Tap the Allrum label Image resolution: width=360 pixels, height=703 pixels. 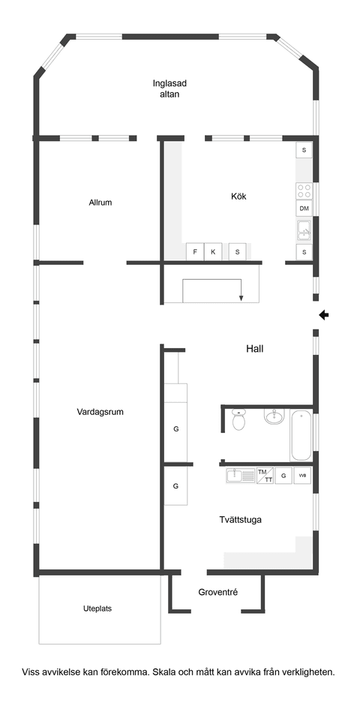(x=100, y=203)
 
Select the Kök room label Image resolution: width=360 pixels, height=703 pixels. (x=238, y=197)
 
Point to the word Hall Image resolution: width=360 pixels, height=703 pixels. (x=255, y=349)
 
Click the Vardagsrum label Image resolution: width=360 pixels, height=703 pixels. (x=100, y=411)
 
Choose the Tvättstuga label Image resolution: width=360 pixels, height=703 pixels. (x=240, y=519)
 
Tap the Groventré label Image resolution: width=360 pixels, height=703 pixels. (x=218, y=592)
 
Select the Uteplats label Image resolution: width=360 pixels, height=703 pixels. (x=97, y=608)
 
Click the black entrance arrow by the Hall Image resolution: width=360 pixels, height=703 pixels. (x=323, y=314)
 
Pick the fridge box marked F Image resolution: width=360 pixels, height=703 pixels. (x=196, y=252)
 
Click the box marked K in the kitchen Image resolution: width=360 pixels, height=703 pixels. (x=213, y=252)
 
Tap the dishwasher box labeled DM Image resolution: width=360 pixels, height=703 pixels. (x=304, y=209)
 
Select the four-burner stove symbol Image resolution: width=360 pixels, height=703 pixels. (x=304, y=191)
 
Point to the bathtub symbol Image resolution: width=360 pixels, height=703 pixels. (x=301, y=434)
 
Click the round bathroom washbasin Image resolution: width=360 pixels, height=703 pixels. (x=274, y=416)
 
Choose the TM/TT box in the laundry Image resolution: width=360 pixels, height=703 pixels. (x=265, y=475)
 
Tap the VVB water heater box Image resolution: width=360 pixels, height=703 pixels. (x=302, y=476)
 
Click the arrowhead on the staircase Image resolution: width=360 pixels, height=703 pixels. (x=241, y=298)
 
